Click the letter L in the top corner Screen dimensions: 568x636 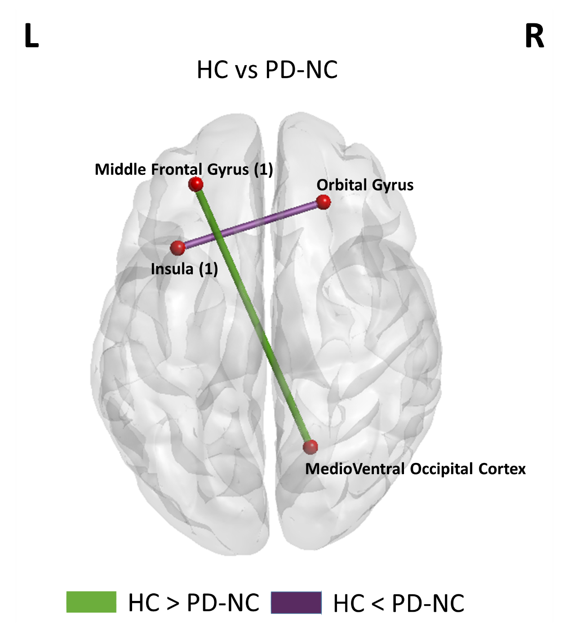tap(31, 36)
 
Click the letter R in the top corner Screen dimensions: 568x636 tap(534, 36)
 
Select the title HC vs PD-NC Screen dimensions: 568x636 tap(267, 70)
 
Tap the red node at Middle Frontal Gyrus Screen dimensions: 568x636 tap(195, 184)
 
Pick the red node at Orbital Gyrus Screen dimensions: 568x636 tap(324, 202)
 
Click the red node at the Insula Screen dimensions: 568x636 tap(178, 247)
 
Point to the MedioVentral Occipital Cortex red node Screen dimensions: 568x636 tap(310, 447)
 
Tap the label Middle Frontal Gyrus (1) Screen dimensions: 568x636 tap(184, 169)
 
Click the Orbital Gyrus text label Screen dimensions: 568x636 tap(365, 185)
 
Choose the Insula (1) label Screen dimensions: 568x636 tap(184, 269)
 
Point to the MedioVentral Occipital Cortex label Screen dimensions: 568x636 tap(415, 469)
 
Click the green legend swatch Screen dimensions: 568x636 tap(91, 602)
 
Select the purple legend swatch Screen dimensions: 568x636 tap(296, 603)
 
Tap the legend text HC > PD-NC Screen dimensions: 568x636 tap(194, 603)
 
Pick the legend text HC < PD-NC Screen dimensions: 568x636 tap(399, 603)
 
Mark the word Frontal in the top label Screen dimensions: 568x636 tap(177, 169)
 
